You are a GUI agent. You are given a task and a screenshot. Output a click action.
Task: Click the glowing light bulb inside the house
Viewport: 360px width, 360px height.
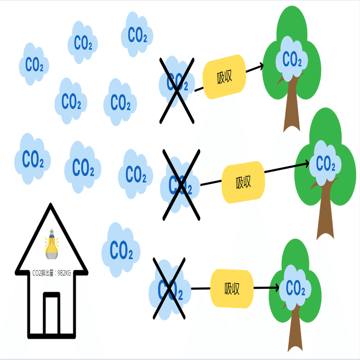pyautogui.click(x=52, y=244)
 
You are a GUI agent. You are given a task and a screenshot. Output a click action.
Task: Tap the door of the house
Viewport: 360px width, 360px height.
pyautogui.click(x=52, y=313)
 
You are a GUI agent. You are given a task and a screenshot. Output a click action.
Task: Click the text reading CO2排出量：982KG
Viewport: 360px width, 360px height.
pyautogui.click(x=52, y=273)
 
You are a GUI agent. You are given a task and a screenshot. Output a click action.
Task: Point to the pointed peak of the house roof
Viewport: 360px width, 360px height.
pyautogui.click(x=50, y=204)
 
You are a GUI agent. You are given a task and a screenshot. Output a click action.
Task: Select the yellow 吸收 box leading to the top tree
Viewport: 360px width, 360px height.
pyautogui.click(x=224, y=77)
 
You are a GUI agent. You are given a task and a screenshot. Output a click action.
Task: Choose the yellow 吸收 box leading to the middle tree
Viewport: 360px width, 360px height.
pyautogui.click(x=243, y=182)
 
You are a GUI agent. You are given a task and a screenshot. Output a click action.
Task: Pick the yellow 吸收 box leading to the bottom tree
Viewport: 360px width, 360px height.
pyautogui.click(x=232, y=289)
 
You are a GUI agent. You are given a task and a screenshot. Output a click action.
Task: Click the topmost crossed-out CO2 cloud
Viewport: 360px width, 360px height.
pyautogui.click(x=177, y=82)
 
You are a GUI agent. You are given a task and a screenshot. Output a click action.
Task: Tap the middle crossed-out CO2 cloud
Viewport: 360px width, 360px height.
pyautogui.click(x=180, y=185)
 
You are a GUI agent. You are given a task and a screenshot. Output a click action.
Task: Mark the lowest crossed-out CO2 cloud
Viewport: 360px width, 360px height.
pyautogui.click(x=170, y=290)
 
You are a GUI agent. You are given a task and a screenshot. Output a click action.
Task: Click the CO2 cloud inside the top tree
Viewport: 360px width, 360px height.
pyautogui.click(x=292, y=59)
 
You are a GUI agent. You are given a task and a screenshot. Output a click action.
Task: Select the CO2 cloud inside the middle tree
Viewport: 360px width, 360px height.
pyautogui.click(x=325, y=163)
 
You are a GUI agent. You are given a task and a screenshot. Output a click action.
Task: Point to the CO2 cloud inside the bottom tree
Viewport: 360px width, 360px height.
pyautogui.click(x=295, y=288)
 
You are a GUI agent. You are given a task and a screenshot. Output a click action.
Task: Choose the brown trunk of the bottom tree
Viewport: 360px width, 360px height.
pyautogui.click(x=295, y=328)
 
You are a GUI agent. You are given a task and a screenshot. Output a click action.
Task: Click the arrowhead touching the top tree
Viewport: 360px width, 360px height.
pyautogui.click(x=261, y=66)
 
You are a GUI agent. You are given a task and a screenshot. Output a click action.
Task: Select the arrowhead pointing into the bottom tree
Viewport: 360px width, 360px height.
pyautogui.click(x=276, y=288)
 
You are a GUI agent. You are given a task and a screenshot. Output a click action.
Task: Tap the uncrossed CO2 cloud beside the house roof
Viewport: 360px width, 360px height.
pyautogui.click(x=121, y=250)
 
